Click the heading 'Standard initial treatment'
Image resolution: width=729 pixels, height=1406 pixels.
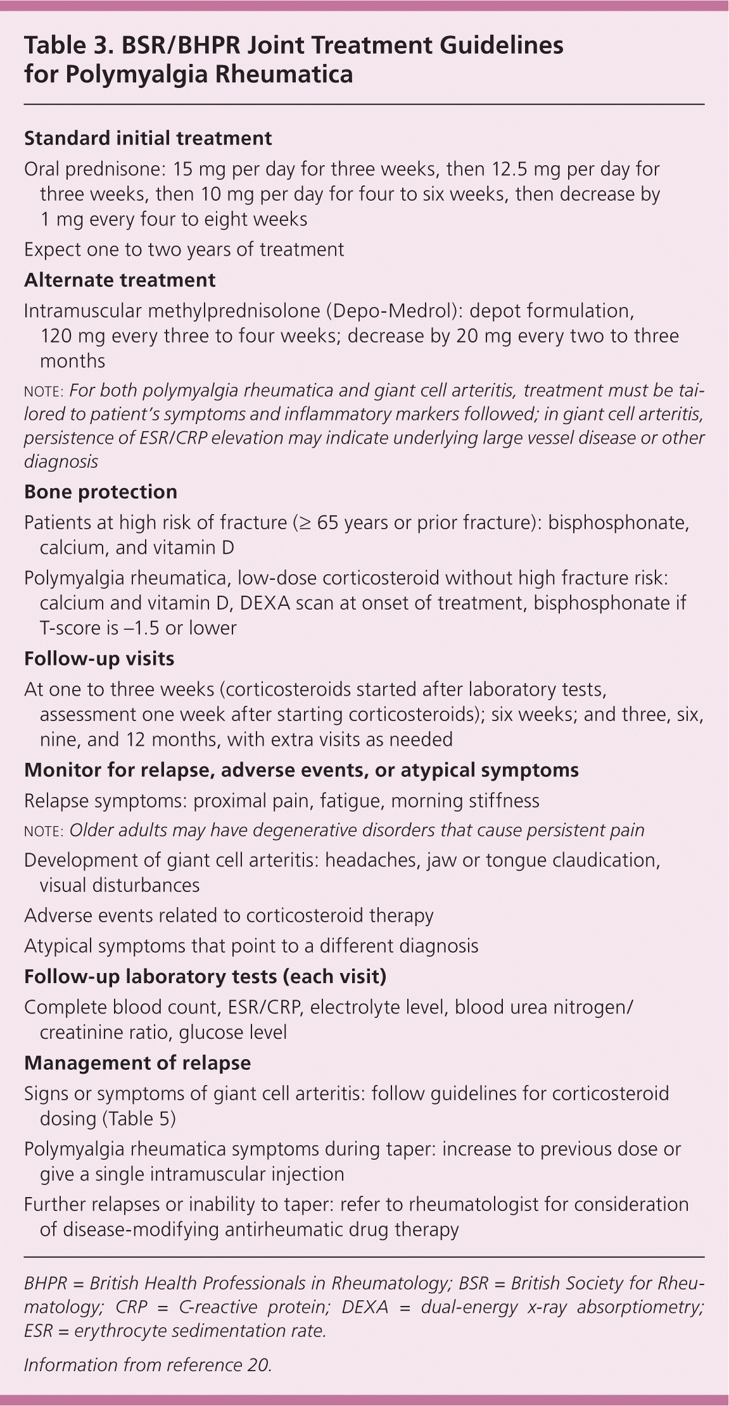(x=148, y=138)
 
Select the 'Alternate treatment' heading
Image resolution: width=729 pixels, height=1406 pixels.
(x=120, y=280)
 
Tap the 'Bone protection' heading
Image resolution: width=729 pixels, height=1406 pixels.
(x=100, y=492)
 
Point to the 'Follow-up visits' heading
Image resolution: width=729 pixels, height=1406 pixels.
(x=99, y=658)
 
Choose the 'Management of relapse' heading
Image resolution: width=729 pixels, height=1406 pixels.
(x=137, y=1063)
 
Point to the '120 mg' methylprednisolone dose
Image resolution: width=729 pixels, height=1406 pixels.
(x=73, y=336)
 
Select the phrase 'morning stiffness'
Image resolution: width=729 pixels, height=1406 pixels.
(x=465, y=801)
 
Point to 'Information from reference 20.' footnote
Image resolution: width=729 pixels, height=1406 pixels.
(x=148, y=1365)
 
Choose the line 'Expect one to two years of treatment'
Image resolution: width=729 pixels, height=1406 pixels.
(x=184, y=249)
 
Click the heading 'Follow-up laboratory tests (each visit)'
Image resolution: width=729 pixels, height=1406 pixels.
(x=205, y=976)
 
